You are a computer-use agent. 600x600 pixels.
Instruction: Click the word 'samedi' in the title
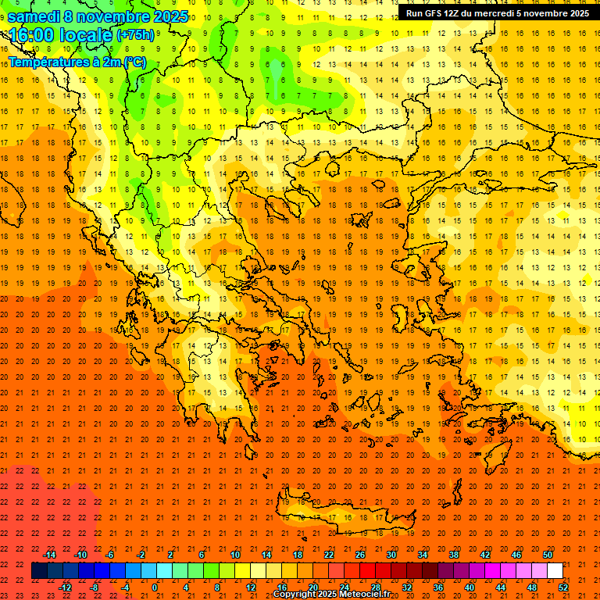point(34,16)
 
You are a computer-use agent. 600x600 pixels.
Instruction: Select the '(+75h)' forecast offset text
point(136,35)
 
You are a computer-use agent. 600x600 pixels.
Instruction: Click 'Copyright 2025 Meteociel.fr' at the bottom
point(331,595)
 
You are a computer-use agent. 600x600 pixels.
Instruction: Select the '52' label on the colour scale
point(564,587)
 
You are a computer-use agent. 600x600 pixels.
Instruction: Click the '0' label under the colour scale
point(154,587)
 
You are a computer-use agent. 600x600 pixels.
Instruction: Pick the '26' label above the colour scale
point(360,554)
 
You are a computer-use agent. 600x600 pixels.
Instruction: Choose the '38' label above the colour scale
point(453,554)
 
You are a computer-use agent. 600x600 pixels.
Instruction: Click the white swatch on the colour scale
point(555,571)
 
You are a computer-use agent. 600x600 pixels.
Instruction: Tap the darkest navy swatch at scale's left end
point(39,571)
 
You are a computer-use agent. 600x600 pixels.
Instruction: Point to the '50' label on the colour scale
point(547,554)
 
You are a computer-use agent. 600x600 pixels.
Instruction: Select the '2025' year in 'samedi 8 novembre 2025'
point(170,16)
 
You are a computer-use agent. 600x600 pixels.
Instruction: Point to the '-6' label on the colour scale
point(110,554)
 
